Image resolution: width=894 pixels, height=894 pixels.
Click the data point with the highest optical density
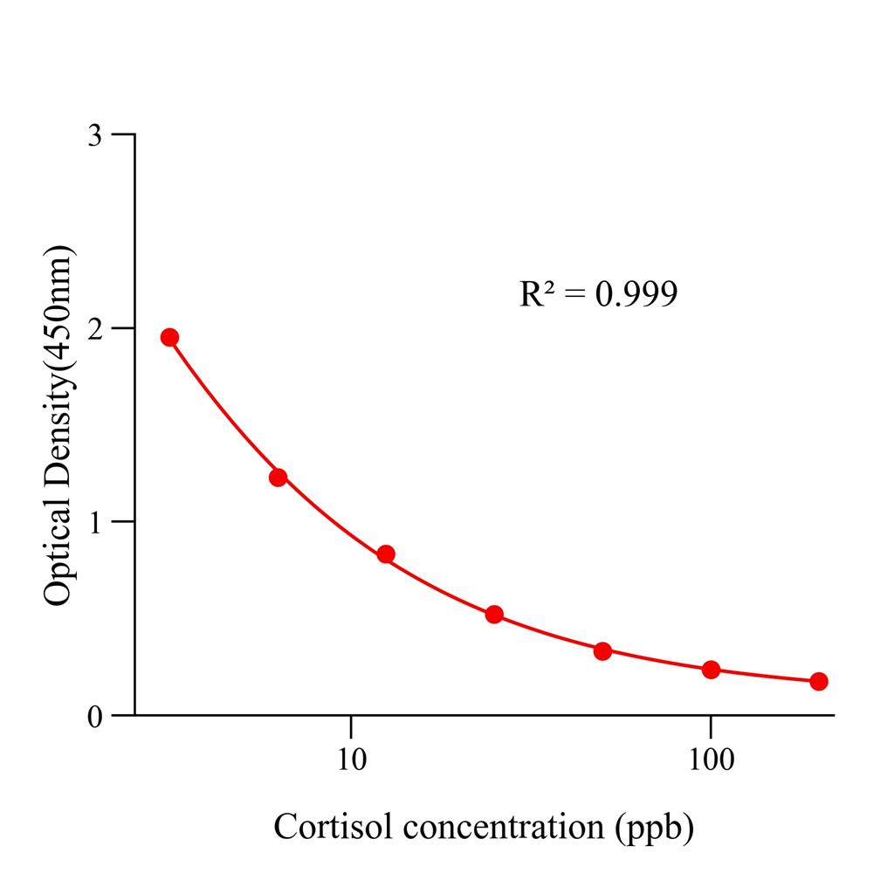click(169, 337)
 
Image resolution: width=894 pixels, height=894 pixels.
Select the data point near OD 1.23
click(278, 477)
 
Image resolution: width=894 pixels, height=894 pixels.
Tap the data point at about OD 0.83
click(386, 554)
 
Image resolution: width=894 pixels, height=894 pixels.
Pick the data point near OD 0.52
click(494, 614)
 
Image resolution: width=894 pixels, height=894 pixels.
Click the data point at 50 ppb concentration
click(602, 650)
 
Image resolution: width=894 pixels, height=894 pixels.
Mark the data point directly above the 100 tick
click(711, 670)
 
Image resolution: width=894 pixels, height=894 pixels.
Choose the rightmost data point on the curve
click(819, 681)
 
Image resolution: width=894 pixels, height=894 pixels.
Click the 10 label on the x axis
click(350, 760)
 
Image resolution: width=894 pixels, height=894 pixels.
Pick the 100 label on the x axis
click(711, 760)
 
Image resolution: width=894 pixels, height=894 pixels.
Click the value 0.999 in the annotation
click(636, 294)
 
